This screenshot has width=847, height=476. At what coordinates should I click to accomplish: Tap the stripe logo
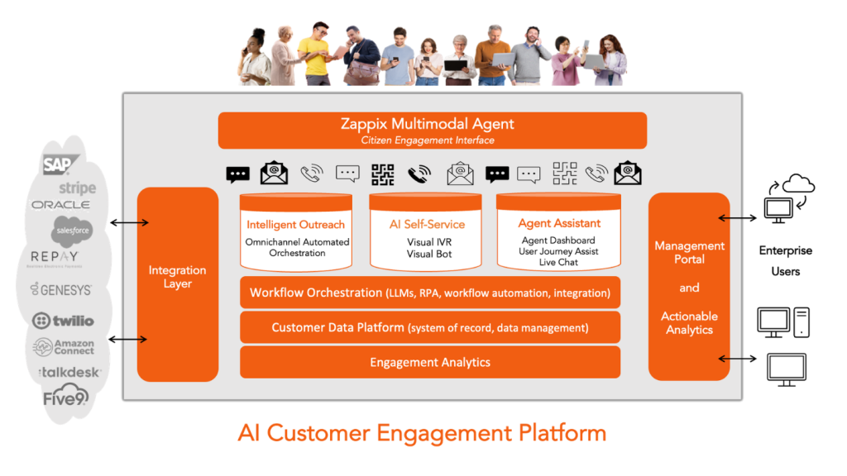coord(77,188)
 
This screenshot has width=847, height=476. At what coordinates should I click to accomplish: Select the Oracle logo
coord(60,205)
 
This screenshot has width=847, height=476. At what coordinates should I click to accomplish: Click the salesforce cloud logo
coord(71,231)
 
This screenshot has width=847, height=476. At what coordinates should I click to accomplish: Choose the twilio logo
coord(63,321)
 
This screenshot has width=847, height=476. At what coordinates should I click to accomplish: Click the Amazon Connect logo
coord(65,346)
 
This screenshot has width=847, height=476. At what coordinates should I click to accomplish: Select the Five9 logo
coord(65,398)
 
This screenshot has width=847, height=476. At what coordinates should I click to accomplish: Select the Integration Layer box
coord(177,277)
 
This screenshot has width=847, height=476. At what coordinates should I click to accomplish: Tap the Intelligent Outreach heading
coord(295,224)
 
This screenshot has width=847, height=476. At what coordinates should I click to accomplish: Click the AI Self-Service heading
coord(427,224)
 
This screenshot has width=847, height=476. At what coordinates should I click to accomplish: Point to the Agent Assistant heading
coord(559,223)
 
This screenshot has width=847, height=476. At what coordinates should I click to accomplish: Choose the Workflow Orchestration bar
coord(429,293)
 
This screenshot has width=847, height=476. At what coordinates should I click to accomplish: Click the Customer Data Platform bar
coord(429,327)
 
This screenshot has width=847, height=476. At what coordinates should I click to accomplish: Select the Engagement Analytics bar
coord(429,362)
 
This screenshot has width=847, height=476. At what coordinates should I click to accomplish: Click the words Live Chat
coord(558,262)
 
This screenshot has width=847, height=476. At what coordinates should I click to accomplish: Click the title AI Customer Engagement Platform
coord(422,433)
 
